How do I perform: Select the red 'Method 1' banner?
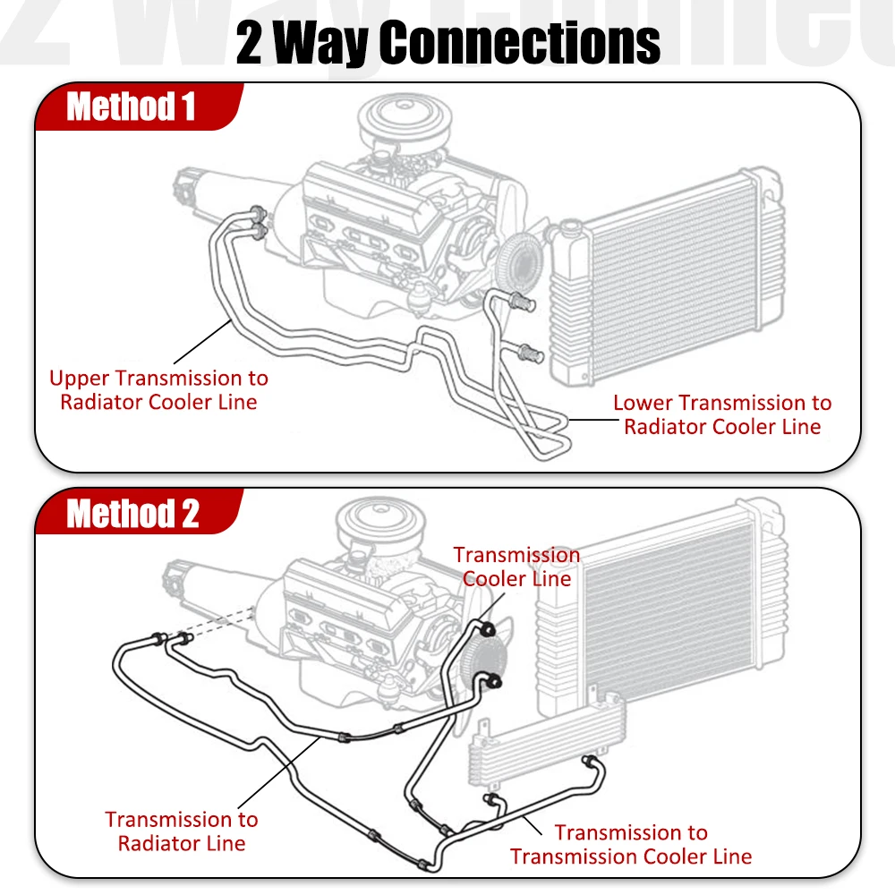[x=131, y=107]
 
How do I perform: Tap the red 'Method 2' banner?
[x=132, y=515]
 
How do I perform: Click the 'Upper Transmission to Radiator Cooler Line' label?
[x=158, y=390]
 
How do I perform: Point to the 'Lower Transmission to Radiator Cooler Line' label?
[x=722, y=414]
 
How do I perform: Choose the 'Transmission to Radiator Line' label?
[x=182, y=831]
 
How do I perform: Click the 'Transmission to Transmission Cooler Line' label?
[x=631, y=844]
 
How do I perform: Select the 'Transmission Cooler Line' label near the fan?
[x=516, y=567]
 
